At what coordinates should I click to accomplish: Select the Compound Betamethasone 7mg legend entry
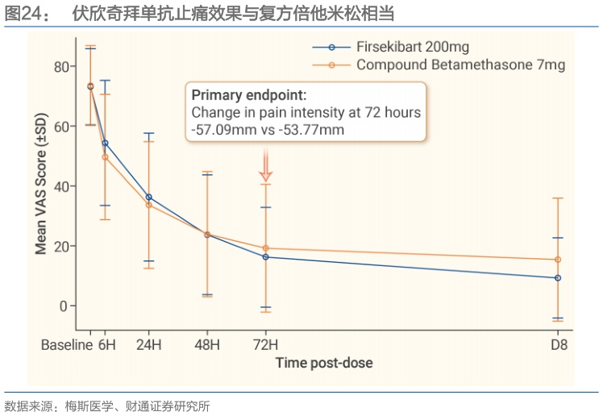point(451,64)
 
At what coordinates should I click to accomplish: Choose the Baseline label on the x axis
point(68,345)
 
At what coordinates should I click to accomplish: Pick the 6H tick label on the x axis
point(106,345)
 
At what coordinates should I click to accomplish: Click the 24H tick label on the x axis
point(148,345)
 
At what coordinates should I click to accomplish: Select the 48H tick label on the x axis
point(207,345)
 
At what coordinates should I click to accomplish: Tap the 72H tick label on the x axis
point(266,345)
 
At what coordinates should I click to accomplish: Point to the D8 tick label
point(557,345)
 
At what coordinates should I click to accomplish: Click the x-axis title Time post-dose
point(324,363)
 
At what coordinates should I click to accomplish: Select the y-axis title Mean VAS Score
point(40,186)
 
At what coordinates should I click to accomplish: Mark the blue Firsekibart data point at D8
point(557,278)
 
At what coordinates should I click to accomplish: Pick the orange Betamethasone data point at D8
point(557,260)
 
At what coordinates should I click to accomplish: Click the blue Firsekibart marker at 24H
point(148,197)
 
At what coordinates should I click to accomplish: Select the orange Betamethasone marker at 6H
point(105,157)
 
